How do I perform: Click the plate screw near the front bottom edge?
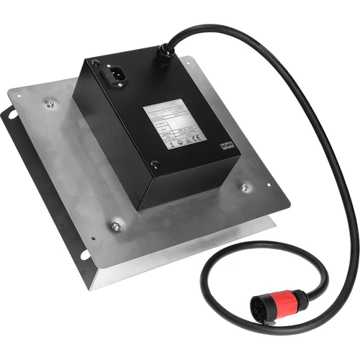(x=115, y=228)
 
